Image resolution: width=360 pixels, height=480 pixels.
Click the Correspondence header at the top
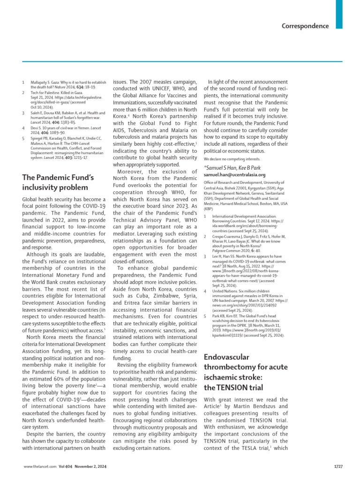[305, 26]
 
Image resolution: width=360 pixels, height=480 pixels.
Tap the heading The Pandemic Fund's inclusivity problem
[58, 182]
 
